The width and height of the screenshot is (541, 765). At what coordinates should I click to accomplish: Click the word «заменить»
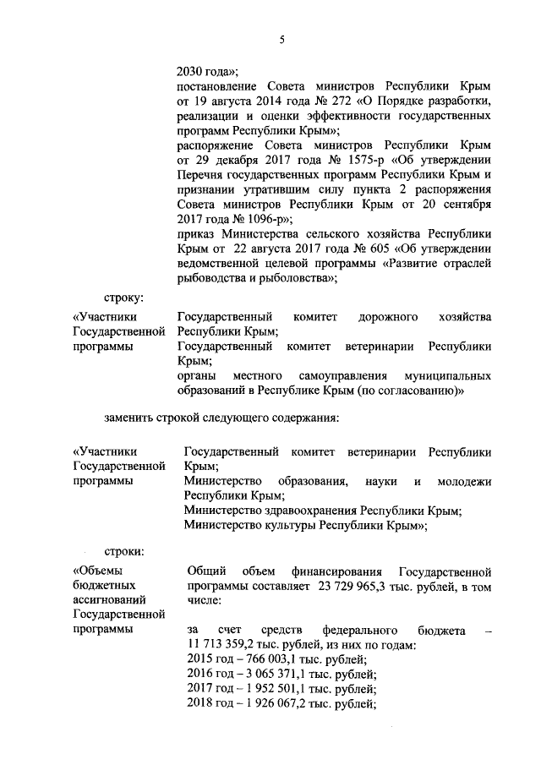tap(132, 417)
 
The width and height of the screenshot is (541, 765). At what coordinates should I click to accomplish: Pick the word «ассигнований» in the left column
tap(108, 601)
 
